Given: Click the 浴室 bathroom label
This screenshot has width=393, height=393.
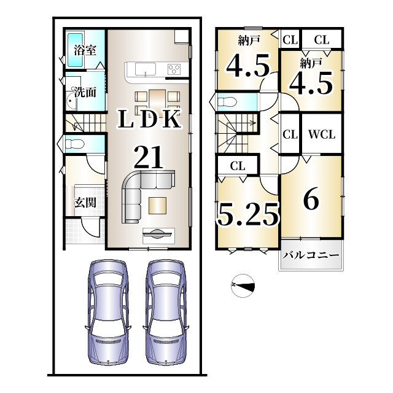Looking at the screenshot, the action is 85,50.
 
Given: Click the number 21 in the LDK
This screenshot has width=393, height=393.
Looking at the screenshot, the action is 149,157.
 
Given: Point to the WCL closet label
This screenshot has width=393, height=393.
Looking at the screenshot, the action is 322,134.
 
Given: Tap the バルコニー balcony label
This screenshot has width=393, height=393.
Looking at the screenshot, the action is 311,255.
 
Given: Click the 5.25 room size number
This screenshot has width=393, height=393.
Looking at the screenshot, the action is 248,214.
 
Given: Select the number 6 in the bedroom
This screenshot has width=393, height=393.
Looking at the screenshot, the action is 311,198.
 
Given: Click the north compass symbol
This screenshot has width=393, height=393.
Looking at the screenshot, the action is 243,286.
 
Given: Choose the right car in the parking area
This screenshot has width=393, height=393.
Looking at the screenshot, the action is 165,313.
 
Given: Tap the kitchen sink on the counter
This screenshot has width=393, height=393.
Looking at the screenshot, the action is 146,69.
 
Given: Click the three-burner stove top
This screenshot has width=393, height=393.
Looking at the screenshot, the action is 174,69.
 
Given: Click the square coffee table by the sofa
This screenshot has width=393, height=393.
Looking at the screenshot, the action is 157,206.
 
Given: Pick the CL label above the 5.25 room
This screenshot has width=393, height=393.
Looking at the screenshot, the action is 238,166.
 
